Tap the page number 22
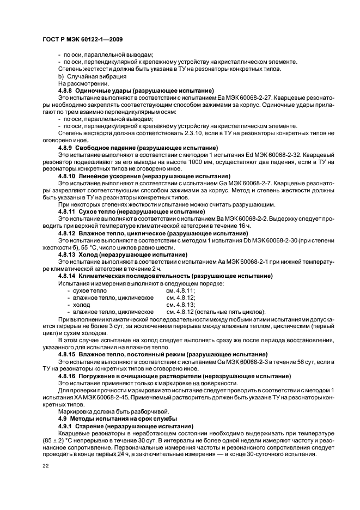tap(46, 466)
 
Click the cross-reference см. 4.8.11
tap(181, 291)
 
